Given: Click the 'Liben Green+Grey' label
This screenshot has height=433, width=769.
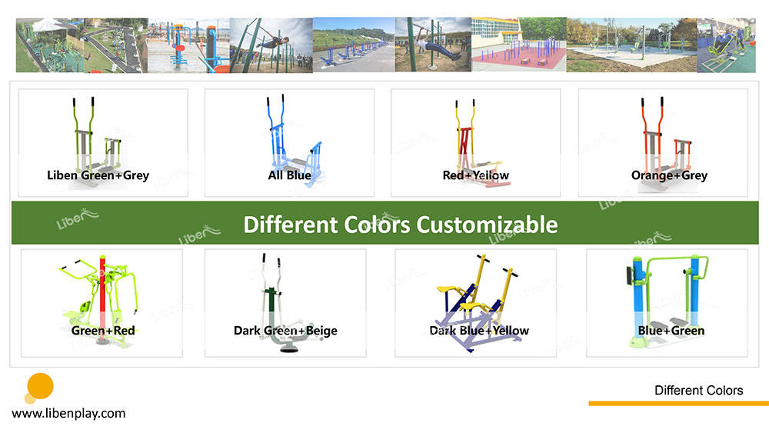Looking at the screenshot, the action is (x=98, y=175).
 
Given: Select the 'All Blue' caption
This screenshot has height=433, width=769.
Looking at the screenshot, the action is (x=289, y=175).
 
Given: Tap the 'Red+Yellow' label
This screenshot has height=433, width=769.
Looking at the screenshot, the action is (x=476, y=175).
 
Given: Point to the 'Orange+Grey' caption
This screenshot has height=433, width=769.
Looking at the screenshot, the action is (x=669, y=175).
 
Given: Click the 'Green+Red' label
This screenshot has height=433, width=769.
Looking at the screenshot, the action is (x=103, y=331).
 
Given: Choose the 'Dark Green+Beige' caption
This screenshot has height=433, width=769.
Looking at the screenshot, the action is (x=285, y=331).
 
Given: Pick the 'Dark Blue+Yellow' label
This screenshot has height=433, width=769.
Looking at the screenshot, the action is (x=479, y=331).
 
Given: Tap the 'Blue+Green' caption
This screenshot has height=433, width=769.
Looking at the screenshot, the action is (x=671, y=331).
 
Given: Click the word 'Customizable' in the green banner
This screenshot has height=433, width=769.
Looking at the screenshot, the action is (x=487, y=225).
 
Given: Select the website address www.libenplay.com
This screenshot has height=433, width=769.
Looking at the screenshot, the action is (x=68, y=413).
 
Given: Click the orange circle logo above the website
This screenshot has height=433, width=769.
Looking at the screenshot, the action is (x=40, y=386).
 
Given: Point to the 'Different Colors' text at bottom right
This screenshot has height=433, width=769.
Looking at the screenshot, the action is (x=698, y=391).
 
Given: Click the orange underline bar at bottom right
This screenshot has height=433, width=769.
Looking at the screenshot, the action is (x=679, y=404).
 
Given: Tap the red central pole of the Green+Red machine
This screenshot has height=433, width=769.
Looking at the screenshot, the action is (x=102, y=289).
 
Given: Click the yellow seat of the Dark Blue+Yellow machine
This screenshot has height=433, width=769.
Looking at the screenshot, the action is (x=446, y=289).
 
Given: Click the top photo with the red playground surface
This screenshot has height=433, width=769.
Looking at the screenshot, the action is (x=519, y=45).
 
